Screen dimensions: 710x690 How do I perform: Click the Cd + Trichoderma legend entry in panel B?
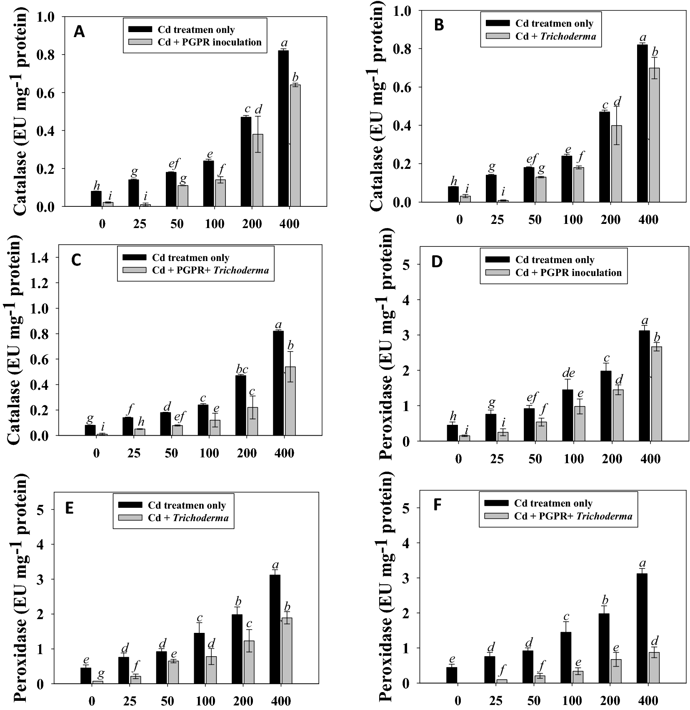tap(555, 36)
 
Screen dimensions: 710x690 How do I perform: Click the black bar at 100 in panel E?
tap(199, 658)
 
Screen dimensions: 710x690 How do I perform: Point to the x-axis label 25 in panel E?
tap(129, 700)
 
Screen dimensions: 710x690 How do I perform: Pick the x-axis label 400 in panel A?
tap(289, 224)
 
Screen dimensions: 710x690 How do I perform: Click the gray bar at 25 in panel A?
tap(145, 205)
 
